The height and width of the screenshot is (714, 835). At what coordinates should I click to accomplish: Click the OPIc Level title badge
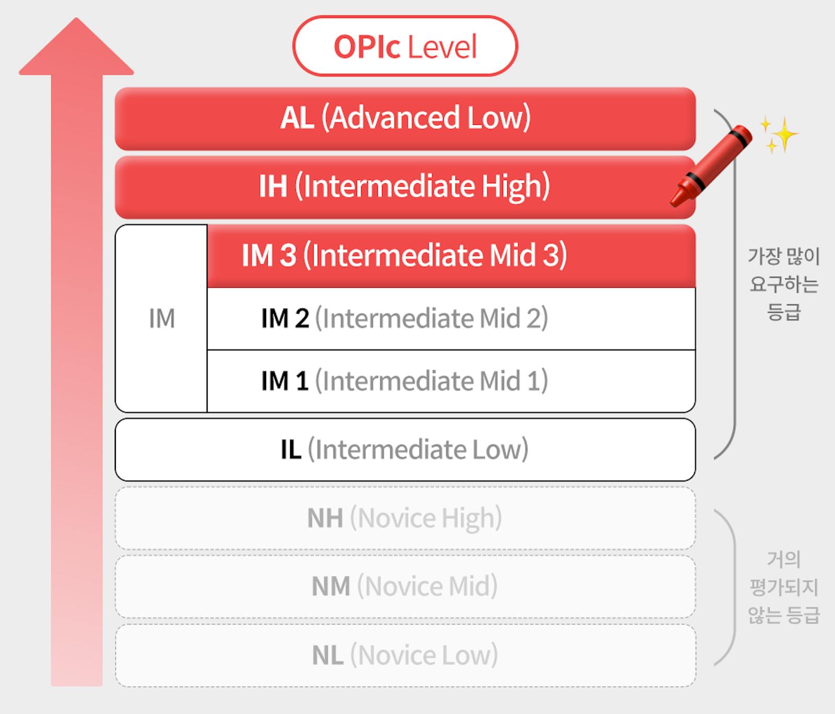tap(405, 46)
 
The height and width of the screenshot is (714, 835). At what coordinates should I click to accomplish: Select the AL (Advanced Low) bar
tap(405, 118)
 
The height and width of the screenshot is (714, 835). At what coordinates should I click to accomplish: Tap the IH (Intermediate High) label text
tap(404, 186)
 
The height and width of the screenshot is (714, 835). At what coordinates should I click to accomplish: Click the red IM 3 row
tap(451, 256)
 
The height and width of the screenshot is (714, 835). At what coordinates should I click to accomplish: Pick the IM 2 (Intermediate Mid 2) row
tap(451, 318)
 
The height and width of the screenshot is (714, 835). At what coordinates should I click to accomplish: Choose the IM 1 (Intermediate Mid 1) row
tap(451, 381)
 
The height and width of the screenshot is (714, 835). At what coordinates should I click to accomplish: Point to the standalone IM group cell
tap(161, 318)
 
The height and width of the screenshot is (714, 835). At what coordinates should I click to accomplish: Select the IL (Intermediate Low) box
tap(405, 449)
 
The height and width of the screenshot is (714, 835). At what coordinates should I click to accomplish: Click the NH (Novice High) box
tap(405, 518)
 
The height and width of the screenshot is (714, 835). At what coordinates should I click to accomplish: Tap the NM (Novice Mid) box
tap(405, 587)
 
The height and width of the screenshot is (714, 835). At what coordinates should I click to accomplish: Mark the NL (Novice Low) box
tap(405, 656)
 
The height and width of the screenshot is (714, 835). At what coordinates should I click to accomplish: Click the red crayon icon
tap(711, 165)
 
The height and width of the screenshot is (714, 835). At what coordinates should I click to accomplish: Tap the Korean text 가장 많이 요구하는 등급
tap(783, 284)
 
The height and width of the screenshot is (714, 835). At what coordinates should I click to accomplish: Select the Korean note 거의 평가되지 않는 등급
tap(783, 587)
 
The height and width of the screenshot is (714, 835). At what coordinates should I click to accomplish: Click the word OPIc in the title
tap(367, 47)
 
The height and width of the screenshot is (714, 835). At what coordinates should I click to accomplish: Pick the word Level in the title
tap(442, 47)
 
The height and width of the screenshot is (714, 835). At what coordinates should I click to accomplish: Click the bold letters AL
tap(297, 118)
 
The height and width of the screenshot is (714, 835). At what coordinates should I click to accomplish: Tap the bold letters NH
tap(325, 518)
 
